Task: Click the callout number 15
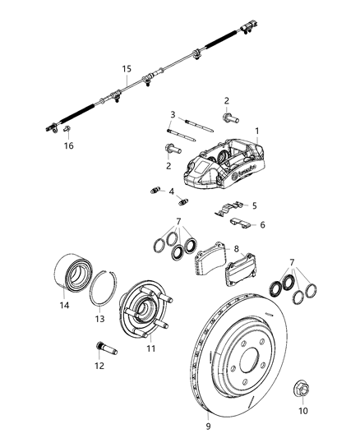click(x=127, y=69)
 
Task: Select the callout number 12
click(x=99, y=367)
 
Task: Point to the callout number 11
click(x=151, y=348)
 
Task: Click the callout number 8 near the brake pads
click(x=237, y=247)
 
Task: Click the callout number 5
click(x=254, y=206)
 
